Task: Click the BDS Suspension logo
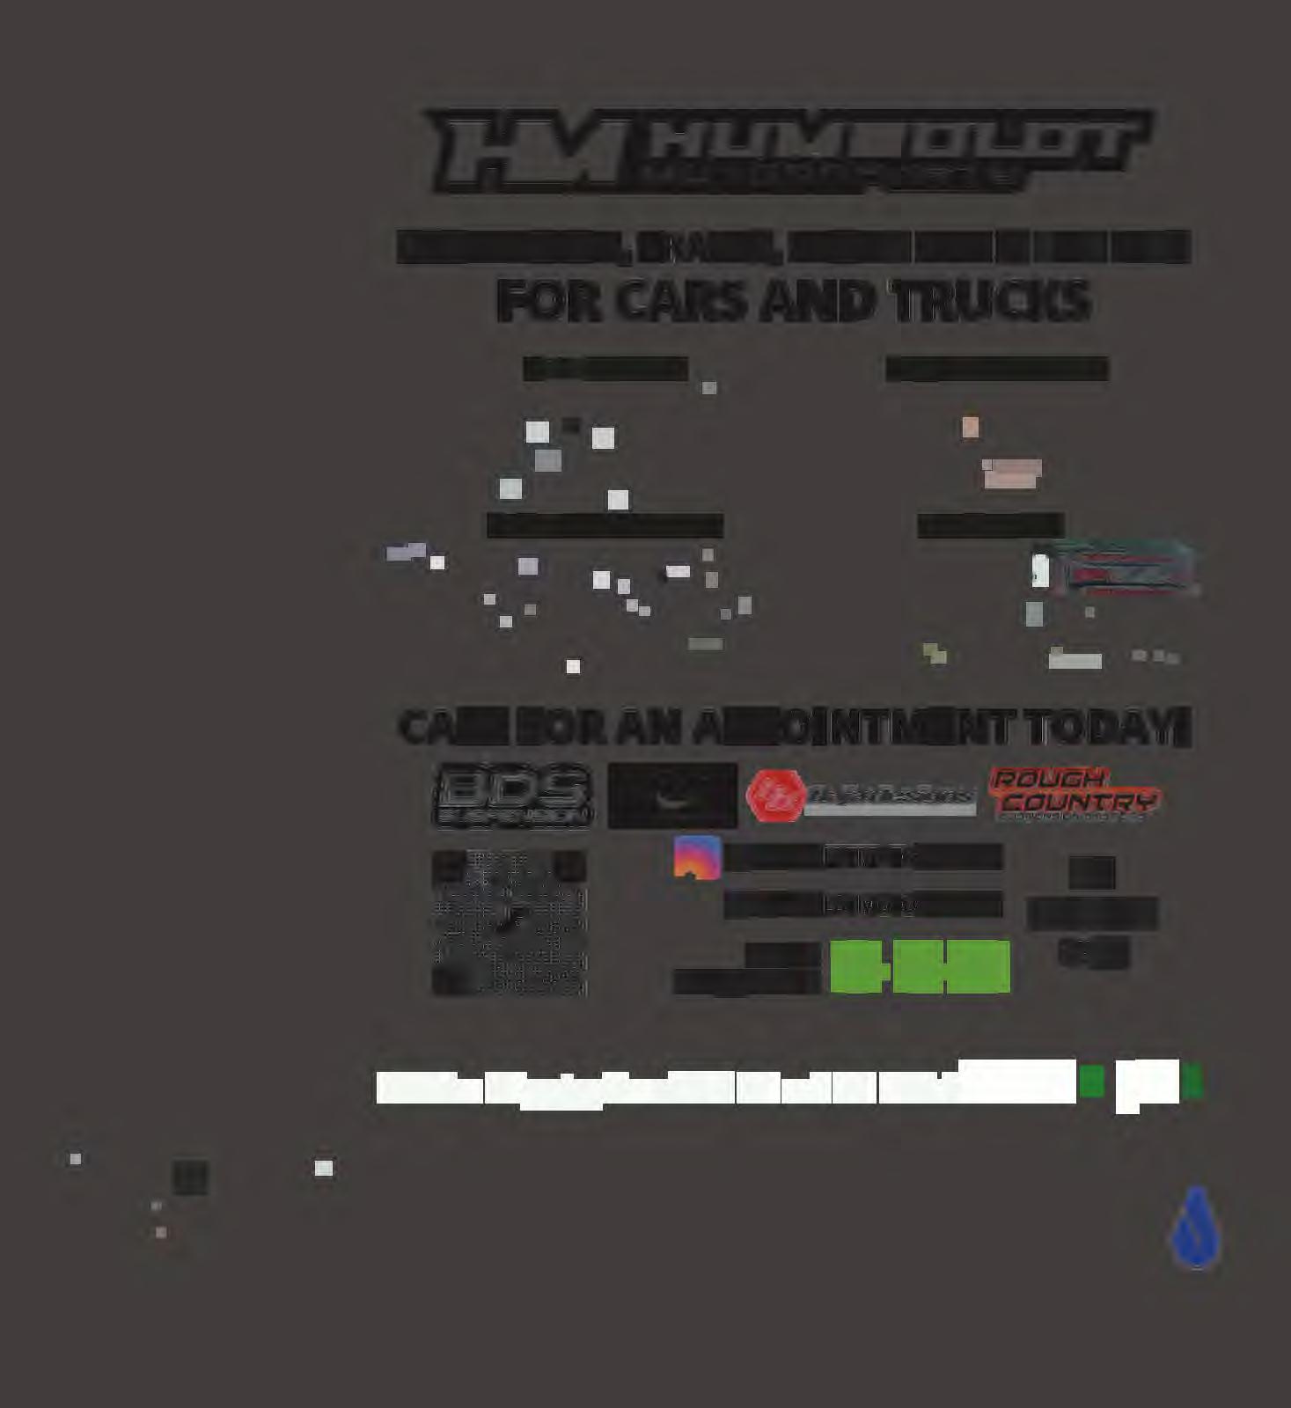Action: [x=513, y=796]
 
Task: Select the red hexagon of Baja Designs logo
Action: [x=774, y=796]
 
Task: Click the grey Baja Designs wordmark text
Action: [x=889, y=796]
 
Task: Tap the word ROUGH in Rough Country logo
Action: [x=1047, y=779]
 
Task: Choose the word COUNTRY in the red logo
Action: [x=1078, y=803]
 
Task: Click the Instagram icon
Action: [x=697, y=857]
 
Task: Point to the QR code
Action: [x=510, y=922]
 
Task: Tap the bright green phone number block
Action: [x=920, y=966]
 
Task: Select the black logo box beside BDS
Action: [x=672, y=796]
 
